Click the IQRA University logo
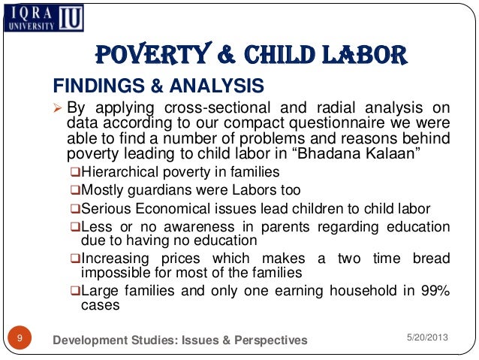coord(52,18)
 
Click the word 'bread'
coord(430,259)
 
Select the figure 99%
coord(434,292)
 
